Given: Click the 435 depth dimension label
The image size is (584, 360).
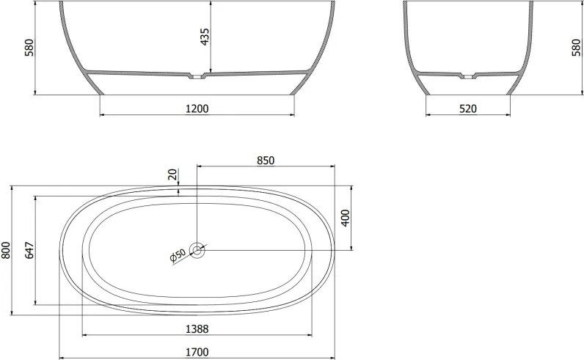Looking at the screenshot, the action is pos(205,37).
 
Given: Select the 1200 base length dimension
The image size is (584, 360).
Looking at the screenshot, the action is pos(197,109).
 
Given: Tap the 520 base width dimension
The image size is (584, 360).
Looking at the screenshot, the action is pos(468,109).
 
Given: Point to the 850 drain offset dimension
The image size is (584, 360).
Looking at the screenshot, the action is pos(266,161).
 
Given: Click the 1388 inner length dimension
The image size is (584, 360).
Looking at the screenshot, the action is pos(197,329).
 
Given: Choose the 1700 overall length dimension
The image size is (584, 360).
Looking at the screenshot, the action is pos(197,352).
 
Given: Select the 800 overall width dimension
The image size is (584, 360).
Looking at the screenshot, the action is pos(6,250).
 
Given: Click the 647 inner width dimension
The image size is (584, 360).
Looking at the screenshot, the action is pos(29,250).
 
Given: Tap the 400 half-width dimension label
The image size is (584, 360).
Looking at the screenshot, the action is pos(346,218).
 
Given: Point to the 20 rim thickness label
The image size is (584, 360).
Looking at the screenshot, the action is pos(172,175).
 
